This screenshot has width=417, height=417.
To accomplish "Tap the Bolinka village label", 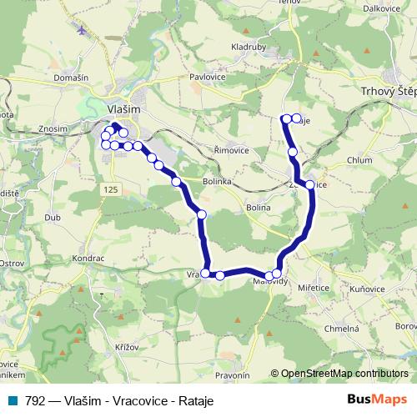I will pyautogui.click(x=221, y=180).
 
